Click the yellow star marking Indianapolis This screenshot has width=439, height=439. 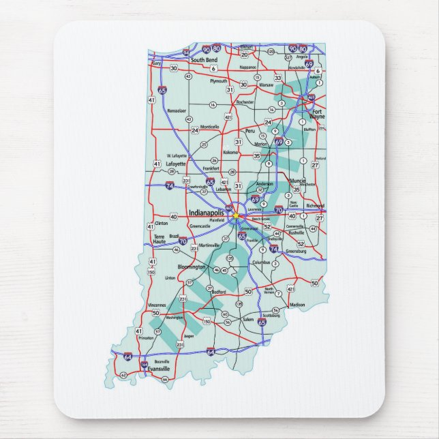pyautogui.click(x=235, y=215)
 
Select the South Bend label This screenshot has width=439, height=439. pyautogui.click(x=203, y=60)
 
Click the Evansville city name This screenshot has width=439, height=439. pyautogui.click(x=160, y=369)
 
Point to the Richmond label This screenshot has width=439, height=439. pyautogui.click(x=316, y=205)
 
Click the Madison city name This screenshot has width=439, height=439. pyautogui.click(x=297, y=305)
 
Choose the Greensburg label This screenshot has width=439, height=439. pyautogui.click(x=297, y=251)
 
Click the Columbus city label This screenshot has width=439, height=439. pyautogui.click(x=261, y=262)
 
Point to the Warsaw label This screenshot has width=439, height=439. pyautogui.click(x=266, y=85)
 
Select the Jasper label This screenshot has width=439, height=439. pyautogui.click(x=189, y=335)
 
